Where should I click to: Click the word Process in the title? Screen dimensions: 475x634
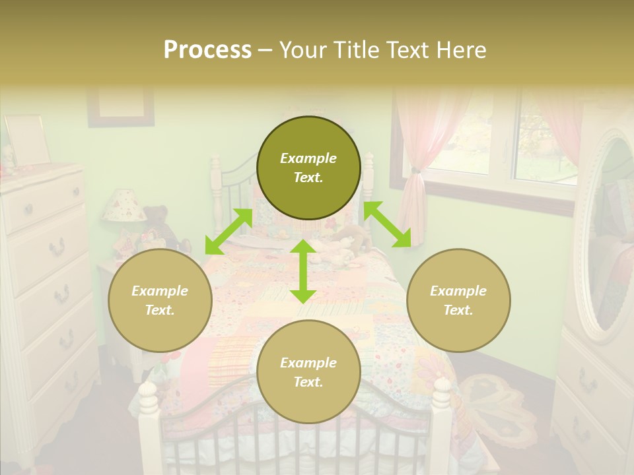(x=207, y=50)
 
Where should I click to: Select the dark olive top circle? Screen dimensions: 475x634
(x=308, y=168)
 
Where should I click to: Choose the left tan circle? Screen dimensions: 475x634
(x=160, y=300)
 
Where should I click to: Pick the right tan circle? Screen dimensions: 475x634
(x=458, y=300)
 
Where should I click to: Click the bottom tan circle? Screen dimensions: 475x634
(x=308, y=372)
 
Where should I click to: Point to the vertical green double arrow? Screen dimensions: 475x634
(x=303, y=271)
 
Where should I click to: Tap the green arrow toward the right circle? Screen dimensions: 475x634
(x=387, y=224)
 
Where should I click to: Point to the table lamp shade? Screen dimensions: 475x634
(x=123, y=206)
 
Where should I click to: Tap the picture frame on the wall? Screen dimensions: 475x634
(x=120, y=106)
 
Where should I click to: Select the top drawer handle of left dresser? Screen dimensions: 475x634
(x=28, y=209)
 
